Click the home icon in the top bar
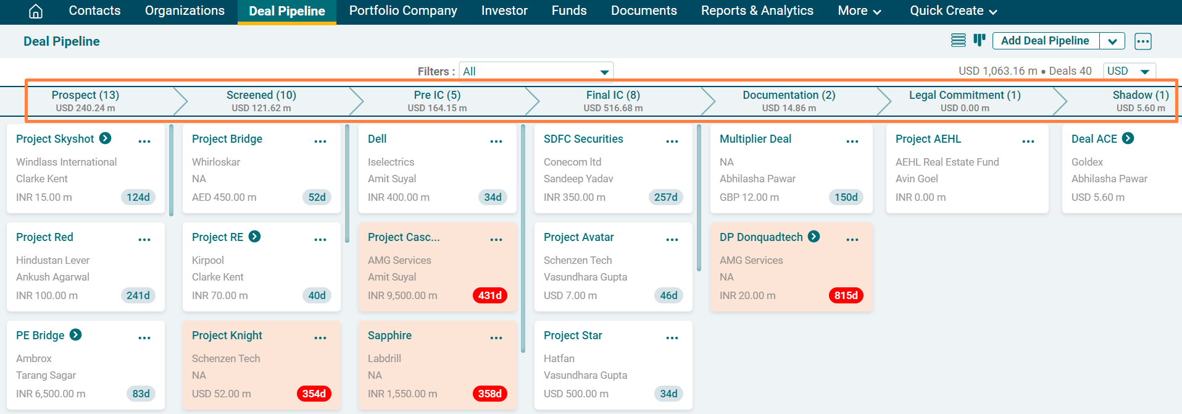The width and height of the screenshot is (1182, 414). [36, 11]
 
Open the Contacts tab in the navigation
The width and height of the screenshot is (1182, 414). [94, 11]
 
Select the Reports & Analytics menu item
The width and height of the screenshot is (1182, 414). [757, 11]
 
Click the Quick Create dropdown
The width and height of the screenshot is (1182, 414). [953, 11]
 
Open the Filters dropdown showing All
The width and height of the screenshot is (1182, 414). [536, 72]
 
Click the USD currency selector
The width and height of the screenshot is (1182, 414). [1129, 71]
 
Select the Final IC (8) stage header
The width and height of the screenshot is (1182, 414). [613, 101]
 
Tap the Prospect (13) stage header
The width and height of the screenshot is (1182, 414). [85, 101]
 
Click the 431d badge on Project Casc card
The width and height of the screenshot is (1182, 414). [490, 295]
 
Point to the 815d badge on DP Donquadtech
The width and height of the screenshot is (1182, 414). [846, 295]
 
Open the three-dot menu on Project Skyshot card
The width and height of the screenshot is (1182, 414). [144, 142]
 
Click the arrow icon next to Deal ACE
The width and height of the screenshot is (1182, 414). [1128, 138]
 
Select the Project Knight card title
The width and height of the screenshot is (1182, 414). [227, 336]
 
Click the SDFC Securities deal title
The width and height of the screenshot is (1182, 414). [583, 139]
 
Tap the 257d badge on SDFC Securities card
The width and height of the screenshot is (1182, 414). [665, 197]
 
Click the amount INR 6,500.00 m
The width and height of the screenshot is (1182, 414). [51, 394]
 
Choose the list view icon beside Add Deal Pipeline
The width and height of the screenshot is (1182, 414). [958, 41]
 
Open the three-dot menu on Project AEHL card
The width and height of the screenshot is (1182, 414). [1028, 142]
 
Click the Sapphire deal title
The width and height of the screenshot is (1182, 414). [389, 336]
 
